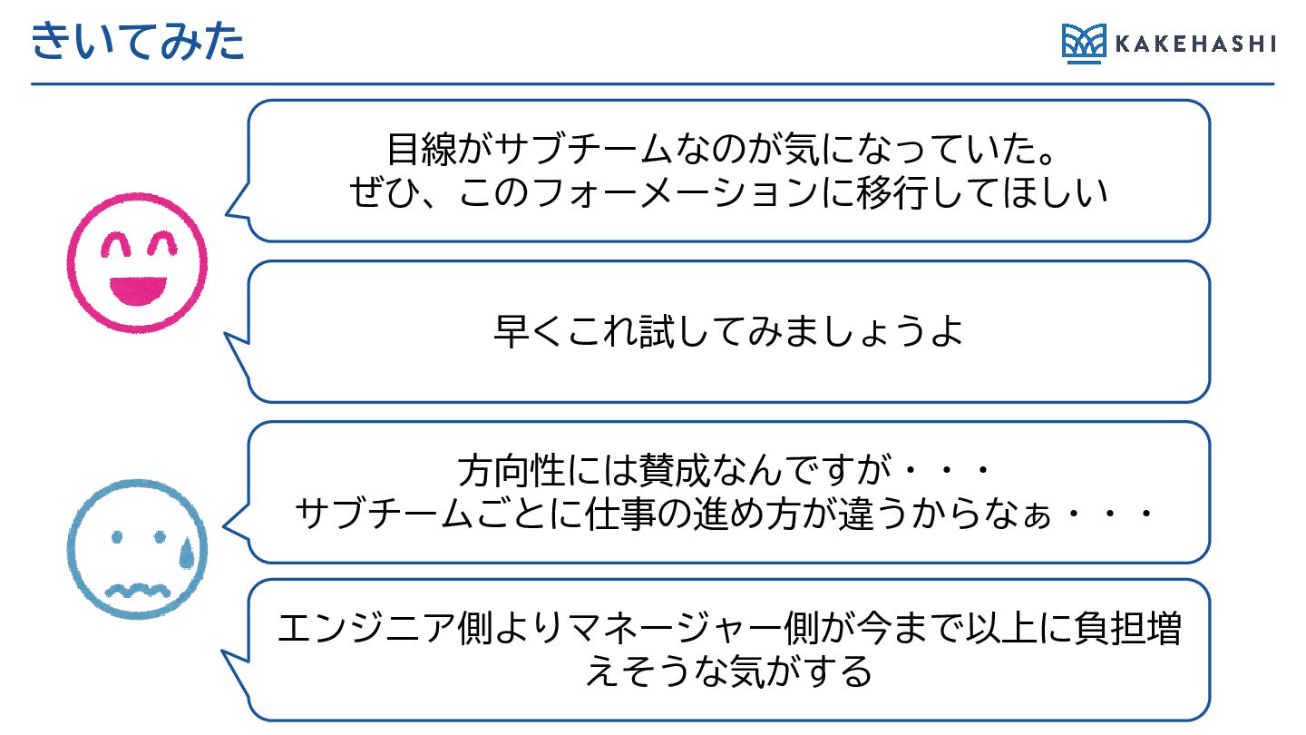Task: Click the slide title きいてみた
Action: pyautogui.click(x=138, y=43)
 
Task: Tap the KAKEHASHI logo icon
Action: pyautogui.click(x=1084, y=44)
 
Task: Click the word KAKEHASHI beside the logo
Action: pyautogui.click(x=1194, y=44)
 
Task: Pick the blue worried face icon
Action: pyautogui.click(x=138, y=548)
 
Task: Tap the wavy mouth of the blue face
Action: pyautogui.click(x=138, y=591)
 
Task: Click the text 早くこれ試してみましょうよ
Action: pyautogui.click(x=727, y=332)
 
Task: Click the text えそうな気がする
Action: pyautogui.click(x=728, y=672)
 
